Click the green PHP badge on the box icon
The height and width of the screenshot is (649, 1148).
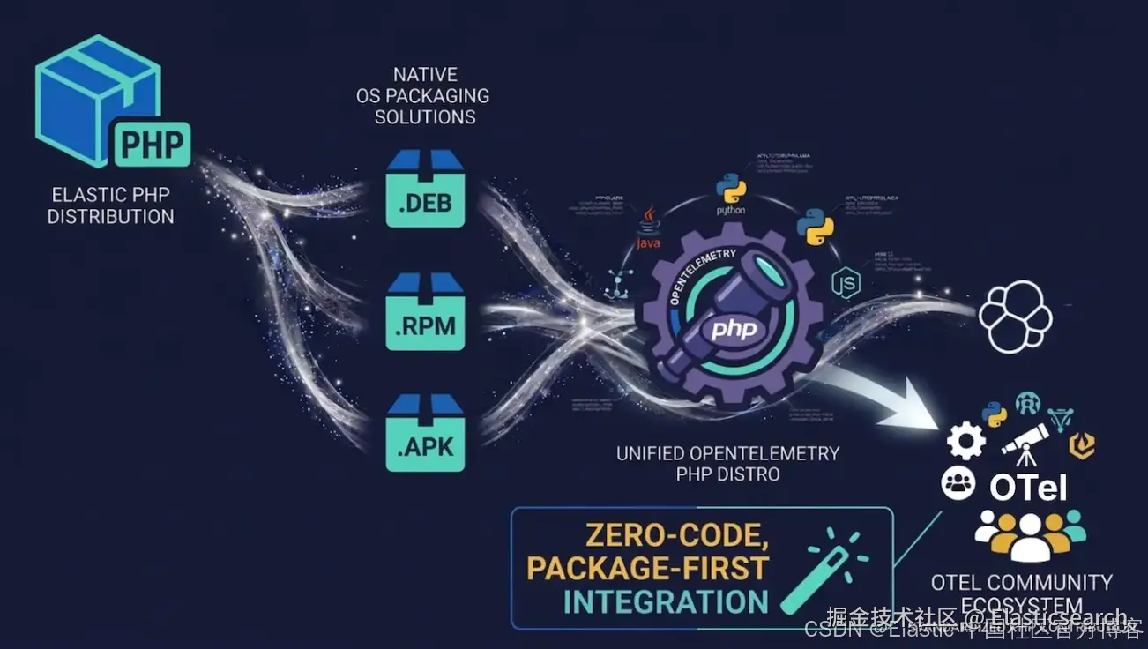(x=153, y=144)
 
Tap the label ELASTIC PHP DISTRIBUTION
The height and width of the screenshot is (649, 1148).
(x=111, y=205)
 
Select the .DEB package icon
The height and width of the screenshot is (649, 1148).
(x=425, y=189)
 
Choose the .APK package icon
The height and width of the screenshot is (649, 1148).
(x=425, y=433)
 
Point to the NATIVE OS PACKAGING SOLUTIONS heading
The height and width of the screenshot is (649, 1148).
(x=425, y=95)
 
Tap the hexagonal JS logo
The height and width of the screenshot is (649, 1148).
(x=845, y=283)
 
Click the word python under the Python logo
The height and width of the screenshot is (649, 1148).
(x=731, y=210)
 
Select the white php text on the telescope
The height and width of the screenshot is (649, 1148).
(x=734, y=330)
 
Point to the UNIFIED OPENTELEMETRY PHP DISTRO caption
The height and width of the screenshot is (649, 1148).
(x=727, y=464)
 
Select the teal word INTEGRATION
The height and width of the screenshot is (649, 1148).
(x=666, y=602)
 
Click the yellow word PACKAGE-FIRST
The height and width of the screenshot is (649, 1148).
(x=648, y=569)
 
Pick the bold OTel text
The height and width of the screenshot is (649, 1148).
(x=1028, y=487)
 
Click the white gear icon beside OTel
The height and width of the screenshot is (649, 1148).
(x=965, y=439)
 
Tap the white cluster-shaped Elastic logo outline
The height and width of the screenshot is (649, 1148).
(x=1015, y=316)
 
